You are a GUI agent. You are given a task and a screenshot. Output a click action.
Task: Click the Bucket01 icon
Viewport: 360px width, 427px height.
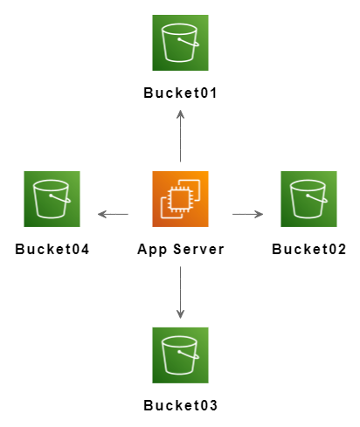[x=180, y=43]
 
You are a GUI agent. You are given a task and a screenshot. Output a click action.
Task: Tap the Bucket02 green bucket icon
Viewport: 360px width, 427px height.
[x=308, y=199]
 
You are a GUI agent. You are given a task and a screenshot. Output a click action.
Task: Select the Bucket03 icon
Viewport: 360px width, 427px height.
[x=180, y=355]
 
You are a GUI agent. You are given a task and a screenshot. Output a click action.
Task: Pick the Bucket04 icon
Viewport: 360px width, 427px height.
[x=52, y=199]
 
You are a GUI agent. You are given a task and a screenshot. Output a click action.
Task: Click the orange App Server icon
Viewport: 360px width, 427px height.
[x=180, y=199]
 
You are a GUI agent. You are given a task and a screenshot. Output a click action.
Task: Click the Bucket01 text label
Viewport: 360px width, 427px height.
[x=180, y=93]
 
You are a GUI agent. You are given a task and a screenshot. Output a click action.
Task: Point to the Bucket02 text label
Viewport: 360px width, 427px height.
[x=308, y=250]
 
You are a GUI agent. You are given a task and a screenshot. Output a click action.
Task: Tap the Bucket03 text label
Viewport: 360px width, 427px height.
[x=180, y=405]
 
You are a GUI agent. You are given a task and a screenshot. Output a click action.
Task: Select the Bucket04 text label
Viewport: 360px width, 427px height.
[x=52, y=250]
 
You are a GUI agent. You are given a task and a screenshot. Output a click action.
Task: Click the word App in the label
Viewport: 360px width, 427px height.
[x=152, y=251]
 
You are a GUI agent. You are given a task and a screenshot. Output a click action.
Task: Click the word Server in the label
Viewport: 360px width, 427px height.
[x=198, y=250]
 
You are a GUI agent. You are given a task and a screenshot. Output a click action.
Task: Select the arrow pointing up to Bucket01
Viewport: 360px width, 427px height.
[x=180, y=136]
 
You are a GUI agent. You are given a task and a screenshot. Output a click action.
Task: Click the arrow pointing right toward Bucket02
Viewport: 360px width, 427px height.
[x=247, y=214]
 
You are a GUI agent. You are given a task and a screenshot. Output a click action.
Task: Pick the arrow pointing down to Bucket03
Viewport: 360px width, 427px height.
[x=180, y=293]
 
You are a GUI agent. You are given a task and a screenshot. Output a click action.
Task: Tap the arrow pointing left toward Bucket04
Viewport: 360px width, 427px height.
[x=113, y=214]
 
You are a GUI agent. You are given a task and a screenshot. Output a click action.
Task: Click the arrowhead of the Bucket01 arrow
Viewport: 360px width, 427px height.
[x=180, y=114]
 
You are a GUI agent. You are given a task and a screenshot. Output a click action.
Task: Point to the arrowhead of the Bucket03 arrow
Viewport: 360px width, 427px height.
[x=180, y=315]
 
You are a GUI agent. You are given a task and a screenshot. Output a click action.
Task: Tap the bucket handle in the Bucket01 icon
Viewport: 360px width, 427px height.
[x=189, y=42]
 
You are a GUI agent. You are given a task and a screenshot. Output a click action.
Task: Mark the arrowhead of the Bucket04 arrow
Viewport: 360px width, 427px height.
[x=101, y=214]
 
